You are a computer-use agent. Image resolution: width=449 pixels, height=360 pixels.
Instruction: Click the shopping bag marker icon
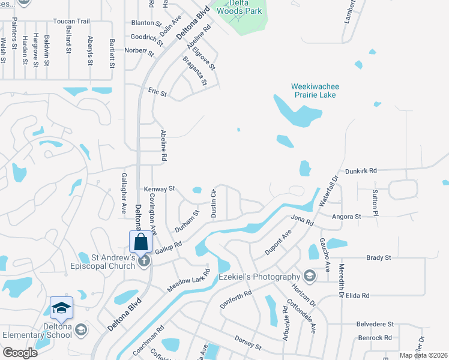[x=140, y=242]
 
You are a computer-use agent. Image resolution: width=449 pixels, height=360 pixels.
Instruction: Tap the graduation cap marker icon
[x=61, y=308]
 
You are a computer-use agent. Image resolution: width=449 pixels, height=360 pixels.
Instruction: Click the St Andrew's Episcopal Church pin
[x=143, y=260]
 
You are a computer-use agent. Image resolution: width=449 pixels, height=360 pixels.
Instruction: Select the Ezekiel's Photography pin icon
[x=310, y=276]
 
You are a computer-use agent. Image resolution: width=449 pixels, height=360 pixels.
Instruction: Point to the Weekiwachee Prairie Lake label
[x=313, y=91]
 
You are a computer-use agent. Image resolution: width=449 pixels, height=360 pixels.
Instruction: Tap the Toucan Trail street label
[x=71, y=21]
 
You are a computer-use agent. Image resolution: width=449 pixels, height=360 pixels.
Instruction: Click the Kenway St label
[x=159, y=188]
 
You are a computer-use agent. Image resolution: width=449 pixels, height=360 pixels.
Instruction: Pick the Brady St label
[x=378, y=257]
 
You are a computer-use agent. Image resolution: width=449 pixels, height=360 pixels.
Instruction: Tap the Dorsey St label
[x=248, y=343]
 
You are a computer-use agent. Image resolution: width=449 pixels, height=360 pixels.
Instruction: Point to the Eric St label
[x=157, y=94]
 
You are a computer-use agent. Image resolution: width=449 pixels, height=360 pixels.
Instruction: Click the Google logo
[x=20, y=353]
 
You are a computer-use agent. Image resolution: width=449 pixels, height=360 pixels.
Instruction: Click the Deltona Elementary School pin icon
[x=81, y=330]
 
